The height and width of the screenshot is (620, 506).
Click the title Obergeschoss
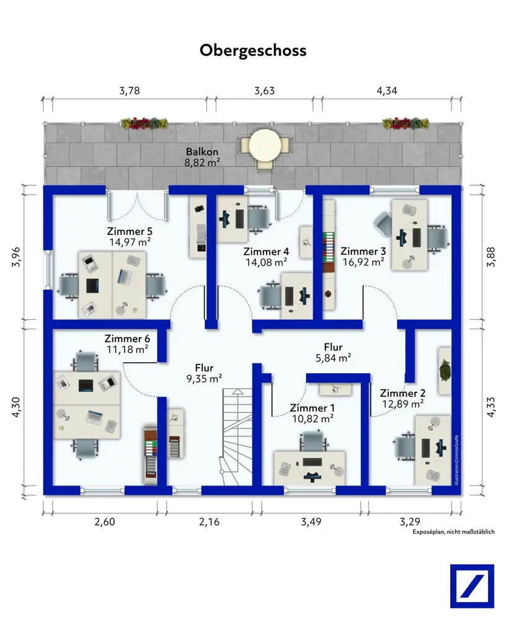253,51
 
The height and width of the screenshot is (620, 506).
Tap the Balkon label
202,152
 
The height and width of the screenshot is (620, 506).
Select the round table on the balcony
265,144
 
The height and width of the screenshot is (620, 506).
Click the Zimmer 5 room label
130,232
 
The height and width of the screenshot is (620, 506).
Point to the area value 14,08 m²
266,262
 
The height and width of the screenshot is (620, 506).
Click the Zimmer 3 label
363,252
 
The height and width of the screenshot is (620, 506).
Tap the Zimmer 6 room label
127,339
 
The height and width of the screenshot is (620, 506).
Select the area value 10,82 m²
313,418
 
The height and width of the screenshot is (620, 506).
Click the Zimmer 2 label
402,394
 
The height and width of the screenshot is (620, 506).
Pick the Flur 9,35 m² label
204,373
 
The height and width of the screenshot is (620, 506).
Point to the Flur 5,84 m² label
333,352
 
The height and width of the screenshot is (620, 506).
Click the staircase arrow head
237,391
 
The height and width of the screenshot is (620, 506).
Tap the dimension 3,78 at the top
130,91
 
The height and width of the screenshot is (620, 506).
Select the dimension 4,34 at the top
386,91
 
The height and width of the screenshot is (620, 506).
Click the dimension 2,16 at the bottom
210,522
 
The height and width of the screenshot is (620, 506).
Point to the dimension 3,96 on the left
17,257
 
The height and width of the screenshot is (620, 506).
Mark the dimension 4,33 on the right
491,407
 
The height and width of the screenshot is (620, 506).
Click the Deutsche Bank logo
472,586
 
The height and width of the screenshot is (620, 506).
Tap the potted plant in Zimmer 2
445,370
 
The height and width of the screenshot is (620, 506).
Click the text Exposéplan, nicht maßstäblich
453,532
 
